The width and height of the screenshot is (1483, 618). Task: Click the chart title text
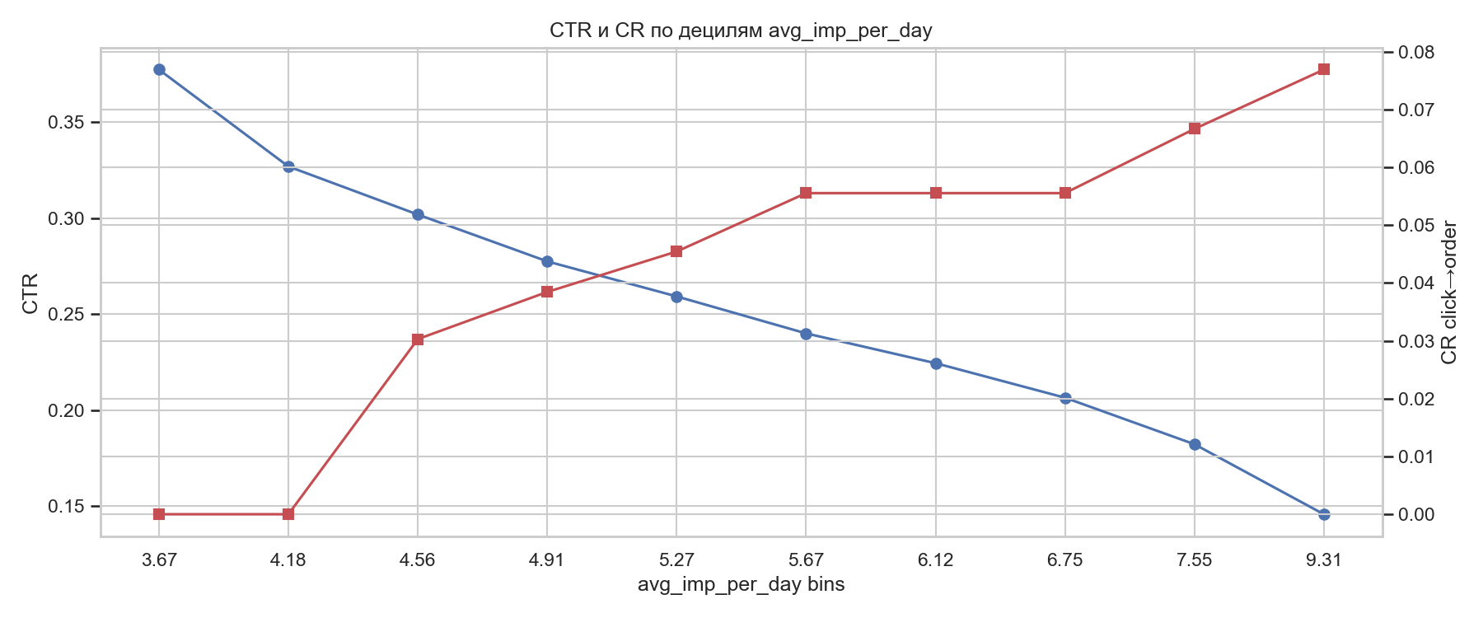(x=741, y=31)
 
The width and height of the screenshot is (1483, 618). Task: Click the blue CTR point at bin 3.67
(x=159, y=70)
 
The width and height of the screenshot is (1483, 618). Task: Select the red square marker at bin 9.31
(x=1324, y=69)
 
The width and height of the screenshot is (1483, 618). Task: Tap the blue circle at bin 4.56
(x=418, y=214)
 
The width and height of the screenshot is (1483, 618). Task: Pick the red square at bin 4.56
(x=418, y=339)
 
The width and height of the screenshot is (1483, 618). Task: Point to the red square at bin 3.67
(x=159, y=514)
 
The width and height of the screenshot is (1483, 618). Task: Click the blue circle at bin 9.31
(x=1324, y=514)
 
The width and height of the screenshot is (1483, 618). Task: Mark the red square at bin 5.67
(x=806, y=193)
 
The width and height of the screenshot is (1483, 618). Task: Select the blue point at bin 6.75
(x=1065, y=398)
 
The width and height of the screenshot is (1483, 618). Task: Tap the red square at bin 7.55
(x=1195, y=129)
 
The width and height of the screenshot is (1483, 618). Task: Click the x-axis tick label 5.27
(x=676, y=561)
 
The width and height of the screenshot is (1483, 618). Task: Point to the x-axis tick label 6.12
(x=936, y=561)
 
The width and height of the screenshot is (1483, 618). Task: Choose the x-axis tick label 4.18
(x=288, y=561)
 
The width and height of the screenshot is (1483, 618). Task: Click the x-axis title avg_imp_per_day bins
(x=741, y=586)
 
